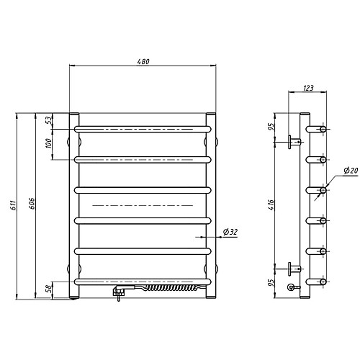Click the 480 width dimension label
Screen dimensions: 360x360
click(143, 61)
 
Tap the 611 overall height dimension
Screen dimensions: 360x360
click(14, 205)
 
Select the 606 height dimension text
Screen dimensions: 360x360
click(32, 204)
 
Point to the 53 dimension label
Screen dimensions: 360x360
click(48, 120)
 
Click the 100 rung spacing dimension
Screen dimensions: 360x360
click(48, 143)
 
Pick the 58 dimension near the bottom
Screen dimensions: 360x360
click(48, 288)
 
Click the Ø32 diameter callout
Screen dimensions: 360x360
click(230, 232)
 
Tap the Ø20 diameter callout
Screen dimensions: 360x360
click(351, 171)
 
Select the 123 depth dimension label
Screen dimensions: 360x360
click(308, 88)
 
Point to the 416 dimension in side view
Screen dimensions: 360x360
click(271, 204)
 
